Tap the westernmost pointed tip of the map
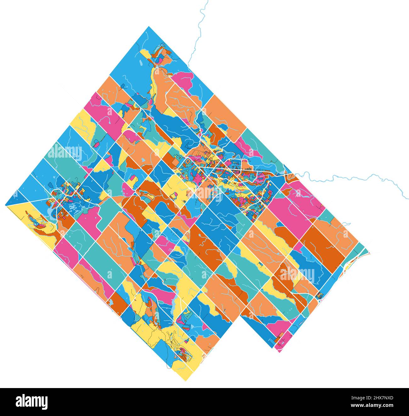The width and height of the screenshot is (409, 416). coord(6,205)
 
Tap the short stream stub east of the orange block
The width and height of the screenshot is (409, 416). coord(346,224)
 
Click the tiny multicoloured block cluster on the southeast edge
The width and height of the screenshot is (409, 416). coord(320,295)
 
